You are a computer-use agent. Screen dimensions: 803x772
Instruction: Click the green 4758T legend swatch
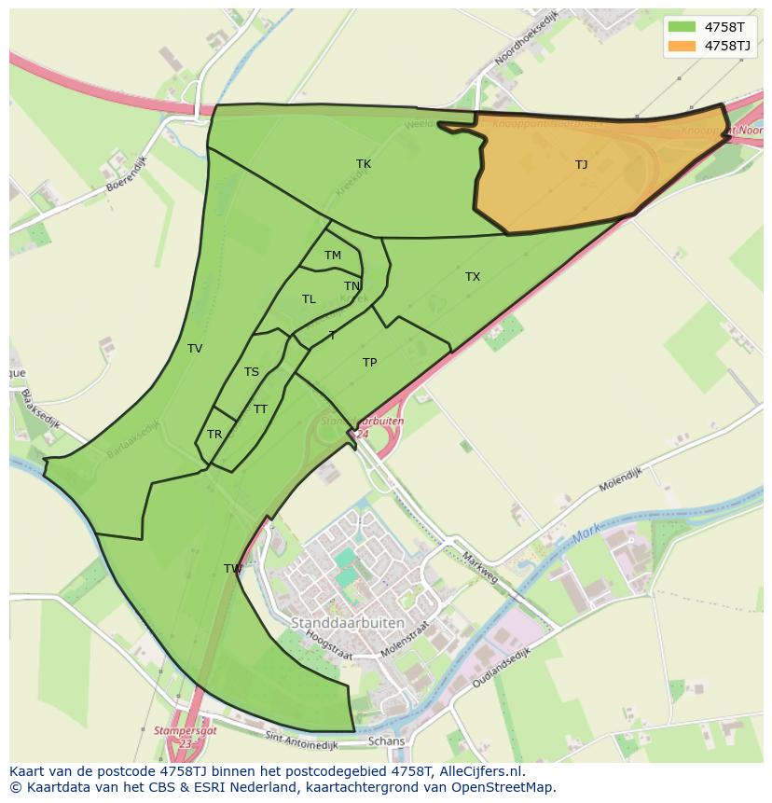coord(682,27)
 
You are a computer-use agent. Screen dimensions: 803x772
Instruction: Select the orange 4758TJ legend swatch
coord(682,46)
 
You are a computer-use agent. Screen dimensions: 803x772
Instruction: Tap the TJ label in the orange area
coord(581,165)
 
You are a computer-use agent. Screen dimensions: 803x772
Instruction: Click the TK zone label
coord(364,164)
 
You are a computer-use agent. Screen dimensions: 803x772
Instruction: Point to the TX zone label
coord(473,277)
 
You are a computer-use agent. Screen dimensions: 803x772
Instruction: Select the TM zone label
coord(333,256)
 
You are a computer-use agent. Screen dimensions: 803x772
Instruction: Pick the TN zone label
coord(352,286)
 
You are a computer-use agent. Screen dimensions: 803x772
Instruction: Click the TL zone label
coord(309,299)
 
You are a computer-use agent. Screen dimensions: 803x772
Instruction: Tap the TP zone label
coord(369,363)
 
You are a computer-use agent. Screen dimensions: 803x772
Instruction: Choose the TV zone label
coord(195,349)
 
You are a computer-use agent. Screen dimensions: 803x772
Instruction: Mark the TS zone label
coord(252,372)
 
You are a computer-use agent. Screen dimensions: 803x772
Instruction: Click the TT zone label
coord(260,409)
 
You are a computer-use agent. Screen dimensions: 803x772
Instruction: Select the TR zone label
coord(214,435)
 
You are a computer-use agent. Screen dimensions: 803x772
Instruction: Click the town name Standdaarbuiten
coord(348,622)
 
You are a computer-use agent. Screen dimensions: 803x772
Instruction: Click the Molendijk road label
coord(621,480)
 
